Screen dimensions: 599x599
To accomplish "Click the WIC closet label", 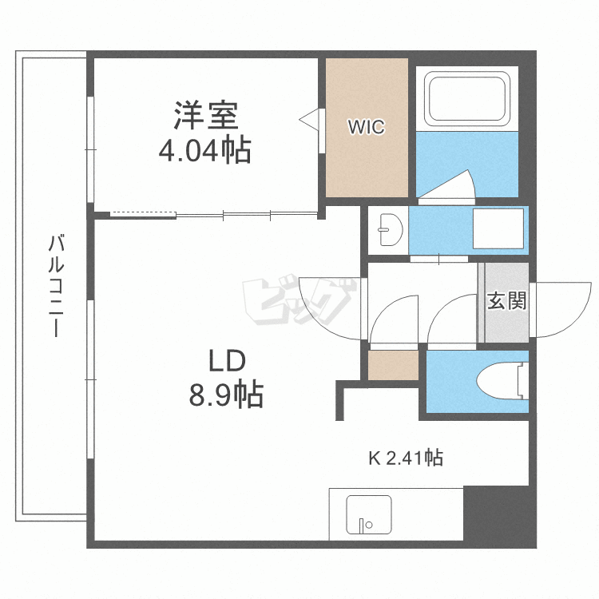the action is pos(366,127).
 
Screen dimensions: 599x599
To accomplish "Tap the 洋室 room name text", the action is pos(206,115).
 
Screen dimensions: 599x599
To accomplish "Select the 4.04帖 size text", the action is pos(204,150).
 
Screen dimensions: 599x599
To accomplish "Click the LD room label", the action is pos(227,361).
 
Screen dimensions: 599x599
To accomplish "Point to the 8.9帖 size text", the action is pos(226,394).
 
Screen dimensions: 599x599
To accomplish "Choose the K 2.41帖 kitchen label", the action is pos(405,458).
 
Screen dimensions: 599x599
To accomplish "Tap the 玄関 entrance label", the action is pos(506,300).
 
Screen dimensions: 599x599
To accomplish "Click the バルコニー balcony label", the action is pos(56,286).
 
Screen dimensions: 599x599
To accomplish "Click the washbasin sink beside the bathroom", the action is pos(389,229).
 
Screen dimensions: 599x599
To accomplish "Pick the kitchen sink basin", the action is pos(369,514).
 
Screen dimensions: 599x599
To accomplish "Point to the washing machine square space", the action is pos(498,228).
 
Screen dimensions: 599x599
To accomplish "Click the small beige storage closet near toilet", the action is pos(393,365).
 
